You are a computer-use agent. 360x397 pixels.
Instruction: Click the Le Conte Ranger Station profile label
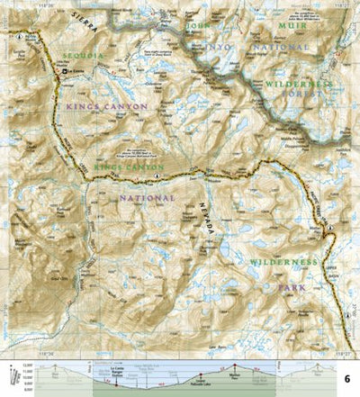click(x=117, y=369)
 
